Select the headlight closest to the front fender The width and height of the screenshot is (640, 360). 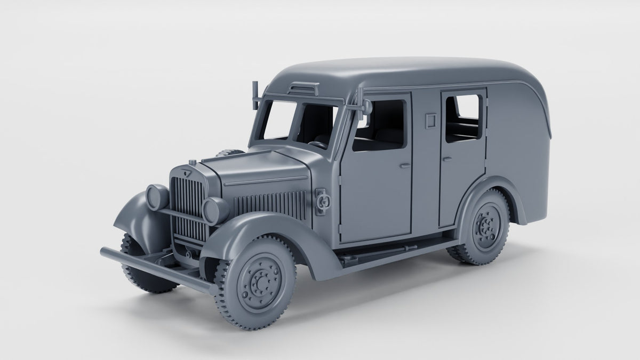click(215, 210)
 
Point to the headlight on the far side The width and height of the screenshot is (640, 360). click(157, 196)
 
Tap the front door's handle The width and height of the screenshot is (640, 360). click(405, 165)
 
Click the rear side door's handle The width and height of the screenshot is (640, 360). click(447, 158)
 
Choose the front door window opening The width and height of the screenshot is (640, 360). click(379, 125)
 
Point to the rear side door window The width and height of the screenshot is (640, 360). click(463, 118)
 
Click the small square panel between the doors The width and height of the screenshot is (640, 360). click(428, 121)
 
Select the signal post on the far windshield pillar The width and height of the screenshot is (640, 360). click(255, 93)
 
